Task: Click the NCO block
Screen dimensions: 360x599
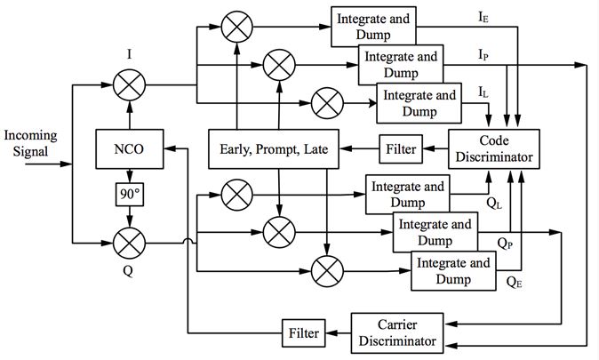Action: click(129, 149)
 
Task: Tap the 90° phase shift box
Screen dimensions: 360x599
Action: click(129, 192)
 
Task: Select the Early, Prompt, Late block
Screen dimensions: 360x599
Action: click(273, 149)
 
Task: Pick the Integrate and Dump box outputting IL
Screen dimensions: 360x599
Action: click(419, 103)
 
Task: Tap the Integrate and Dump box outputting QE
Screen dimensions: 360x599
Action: click(451, 270)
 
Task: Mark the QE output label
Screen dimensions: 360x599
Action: click(513, 283)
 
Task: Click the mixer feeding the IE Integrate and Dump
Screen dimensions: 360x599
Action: click(236, 28)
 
